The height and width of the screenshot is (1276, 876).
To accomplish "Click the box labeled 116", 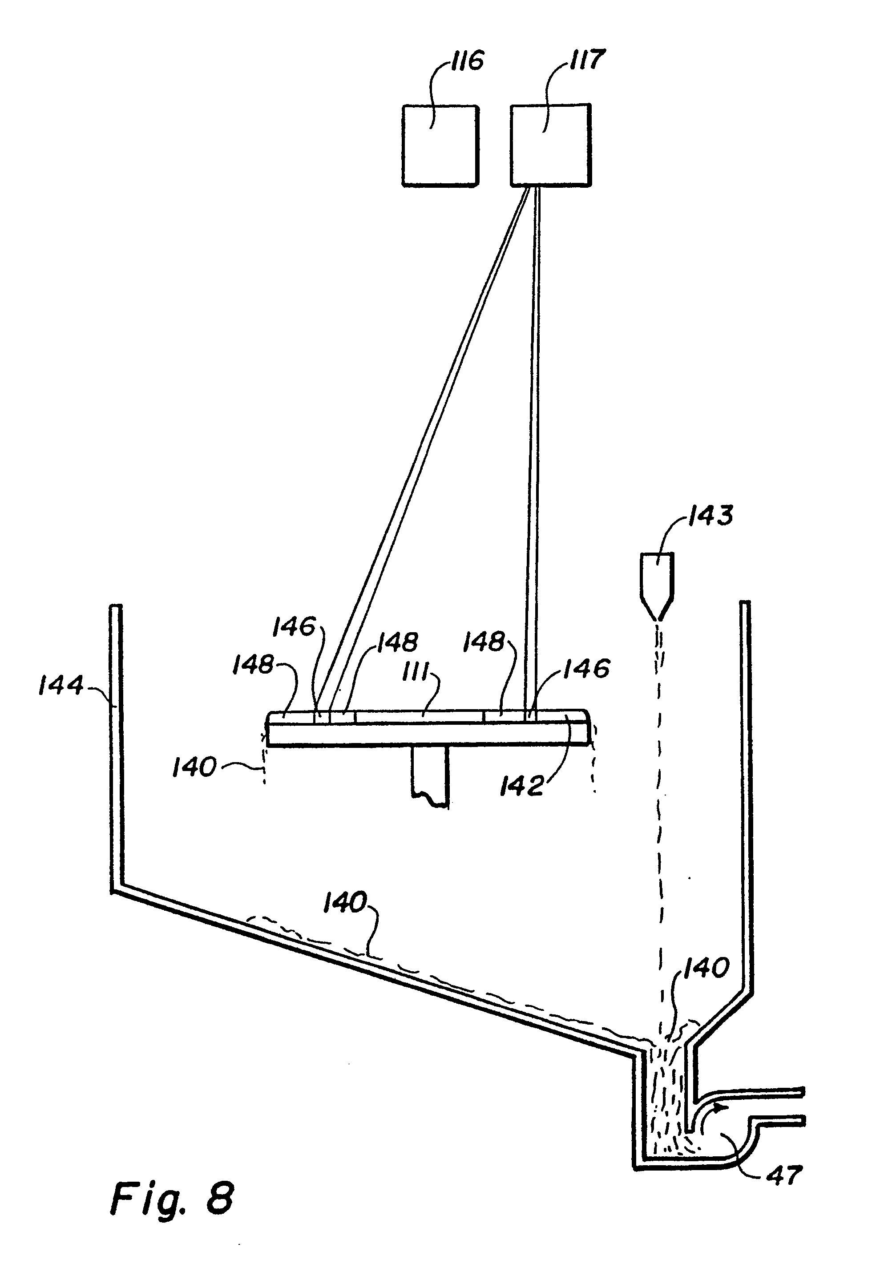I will tap(440, 146).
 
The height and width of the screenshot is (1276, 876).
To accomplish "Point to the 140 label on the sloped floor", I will tap(345, 903).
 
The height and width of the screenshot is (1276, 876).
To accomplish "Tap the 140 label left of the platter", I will tap(194, 767).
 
